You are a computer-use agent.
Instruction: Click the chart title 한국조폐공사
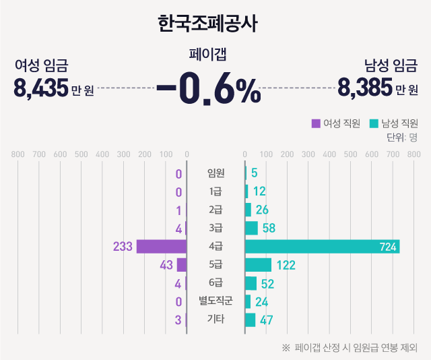(207, 25)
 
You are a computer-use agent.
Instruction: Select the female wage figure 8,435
(40, 88)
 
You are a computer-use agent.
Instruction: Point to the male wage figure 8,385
(365, 88)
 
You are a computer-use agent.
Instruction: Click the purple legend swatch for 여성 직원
(315, 123)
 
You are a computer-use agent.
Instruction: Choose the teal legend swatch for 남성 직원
(374, 123)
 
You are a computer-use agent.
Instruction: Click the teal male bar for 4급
(322, 247)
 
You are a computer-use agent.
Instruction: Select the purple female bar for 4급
(162, 247)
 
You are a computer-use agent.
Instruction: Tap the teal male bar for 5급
(258, 265)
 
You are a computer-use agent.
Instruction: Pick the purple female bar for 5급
(182, 265)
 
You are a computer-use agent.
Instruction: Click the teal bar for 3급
(251, 229)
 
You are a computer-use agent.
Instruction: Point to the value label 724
(388, 247)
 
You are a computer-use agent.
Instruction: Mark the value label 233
(123, 247)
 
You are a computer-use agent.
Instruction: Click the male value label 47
(267, 320)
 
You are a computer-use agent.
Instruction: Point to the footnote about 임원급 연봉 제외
(350, 348)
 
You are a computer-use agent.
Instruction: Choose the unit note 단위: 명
(402, 138)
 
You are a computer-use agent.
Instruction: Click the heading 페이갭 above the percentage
(207, 55)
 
